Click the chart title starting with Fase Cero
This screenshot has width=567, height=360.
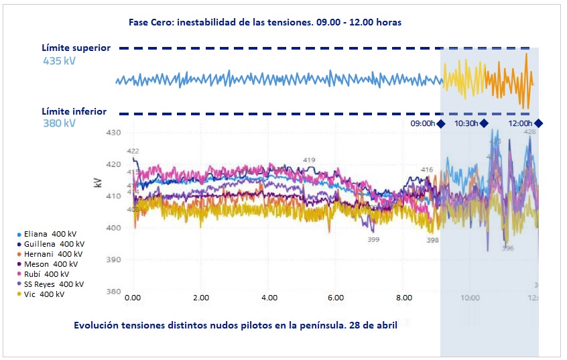[x=265, y=22]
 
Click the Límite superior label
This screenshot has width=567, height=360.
[x=76, y=48]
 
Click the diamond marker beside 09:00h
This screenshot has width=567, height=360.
[x=441, y=123]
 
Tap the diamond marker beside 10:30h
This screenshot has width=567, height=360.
[x=484, y=123]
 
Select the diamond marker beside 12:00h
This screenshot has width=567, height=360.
[x=538, y=123]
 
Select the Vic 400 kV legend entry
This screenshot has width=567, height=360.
[x=44, y=294]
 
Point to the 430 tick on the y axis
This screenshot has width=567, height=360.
[x=113, y=133]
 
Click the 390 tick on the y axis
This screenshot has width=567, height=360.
[x=113, y=260]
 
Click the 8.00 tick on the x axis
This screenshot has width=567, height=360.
[x=404, y=297]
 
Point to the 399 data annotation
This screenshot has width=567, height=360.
[x=373, y=239]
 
